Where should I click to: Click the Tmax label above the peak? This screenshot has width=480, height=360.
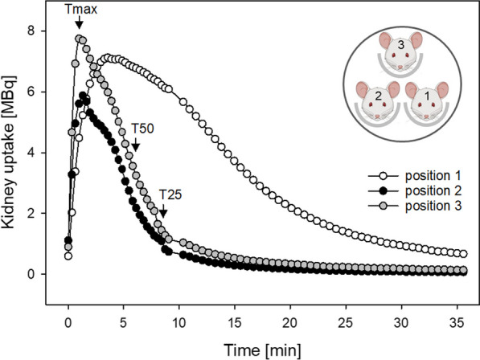coord(78,11)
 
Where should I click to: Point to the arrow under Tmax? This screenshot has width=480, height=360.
coord(78,27)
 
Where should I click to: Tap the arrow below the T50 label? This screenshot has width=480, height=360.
coord(136,145)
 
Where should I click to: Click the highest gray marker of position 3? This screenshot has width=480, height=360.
coord(79,38)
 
